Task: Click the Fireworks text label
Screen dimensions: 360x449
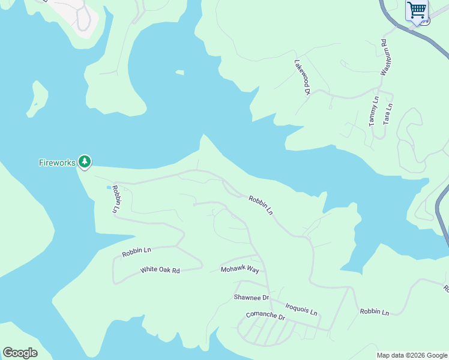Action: pyautogui.click(x=57, y=163)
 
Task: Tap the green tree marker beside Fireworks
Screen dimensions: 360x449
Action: pyautogui.click(x=85, y=161)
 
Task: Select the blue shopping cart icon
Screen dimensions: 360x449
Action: pyautogui.click(x=417, y=10)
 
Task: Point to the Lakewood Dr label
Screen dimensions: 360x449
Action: pyautogui.click(x=302, y=77)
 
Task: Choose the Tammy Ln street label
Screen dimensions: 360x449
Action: pyautogui.click(x=373, y=111)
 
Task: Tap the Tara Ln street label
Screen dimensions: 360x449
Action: pyautogui.click(x=388, y=114)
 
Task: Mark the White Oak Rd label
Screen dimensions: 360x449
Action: pyautogui.click(x=160, y=271)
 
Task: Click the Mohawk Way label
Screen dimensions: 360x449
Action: pyautogui.click(x=240, y=270)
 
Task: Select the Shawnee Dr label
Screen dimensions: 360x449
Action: pyautogui.click(x=252, y=298)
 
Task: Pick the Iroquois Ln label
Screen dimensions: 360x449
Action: pyautogui.click(x=301, y=309)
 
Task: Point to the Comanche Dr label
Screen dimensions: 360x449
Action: pyautogui.click(x=265, y=315)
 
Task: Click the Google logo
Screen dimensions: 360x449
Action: pyautogui.click(x=20, y=353)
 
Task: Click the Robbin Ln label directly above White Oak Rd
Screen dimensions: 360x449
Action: pyautogui.click(x=137, y=252)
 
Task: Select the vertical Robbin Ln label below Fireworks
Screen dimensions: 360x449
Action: pyautogui.click(x=116, y=200)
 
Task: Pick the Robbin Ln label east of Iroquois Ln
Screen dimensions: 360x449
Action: pyautogui.click(x=374, y=312)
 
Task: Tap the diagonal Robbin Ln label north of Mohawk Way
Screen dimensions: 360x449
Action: pyautogui.click(x=261, y=205)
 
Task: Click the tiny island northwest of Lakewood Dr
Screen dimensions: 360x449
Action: pyautogui.click(x=179, y=73)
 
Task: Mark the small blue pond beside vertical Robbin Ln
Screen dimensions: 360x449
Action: pyautogui.click(x=109, y=188)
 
